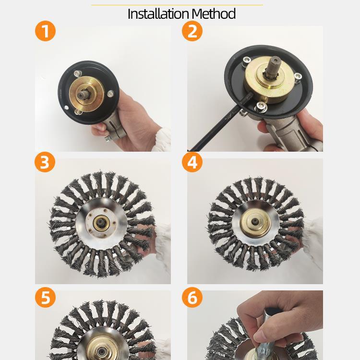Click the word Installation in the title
158,14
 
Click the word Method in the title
214,14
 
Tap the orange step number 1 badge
45,31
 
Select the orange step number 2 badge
192,31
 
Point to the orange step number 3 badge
45,162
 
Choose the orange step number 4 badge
192,162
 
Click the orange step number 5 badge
45,297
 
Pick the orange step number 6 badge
192,297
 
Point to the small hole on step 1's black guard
67,107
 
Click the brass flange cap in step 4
255,222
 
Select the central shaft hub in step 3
101,223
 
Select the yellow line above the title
177,5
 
